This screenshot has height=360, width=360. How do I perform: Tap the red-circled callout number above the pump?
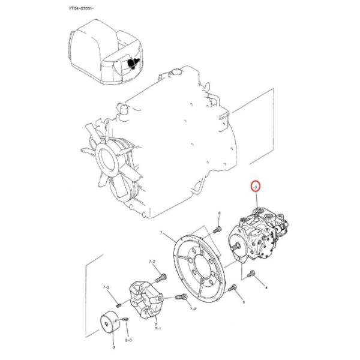pos(256,187)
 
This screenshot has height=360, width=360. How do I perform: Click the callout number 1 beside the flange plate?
pos(161,232)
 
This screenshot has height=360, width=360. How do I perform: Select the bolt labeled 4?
pos(251,275)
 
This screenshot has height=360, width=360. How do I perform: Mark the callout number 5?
pos(243,304)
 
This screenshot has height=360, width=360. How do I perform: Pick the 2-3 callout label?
pos(128,340)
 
